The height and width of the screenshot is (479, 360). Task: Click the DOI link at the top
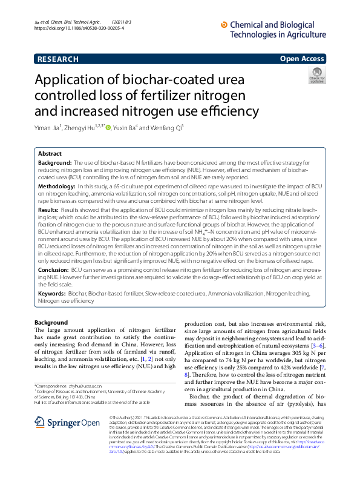point(79,28)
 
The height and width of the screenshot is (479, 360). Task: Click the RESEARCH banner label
point(57,59)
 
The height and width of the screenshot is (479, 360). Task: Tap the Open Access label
point(302,59)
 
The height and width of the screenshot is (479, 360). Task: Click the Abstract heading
point(50,154)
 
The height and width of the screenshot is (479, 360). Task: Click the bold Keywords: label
point(52,293)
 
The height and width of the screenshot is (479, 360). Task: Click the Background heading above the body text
point(51,322)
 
